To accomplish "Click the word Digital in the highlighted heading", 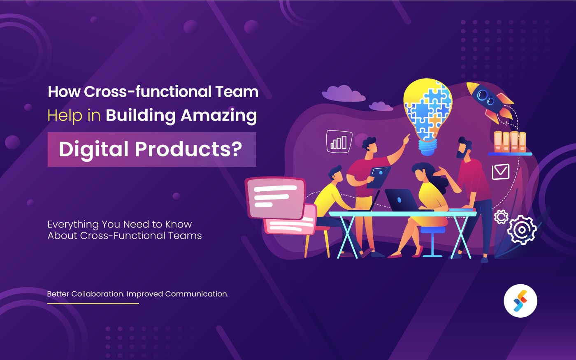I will point(94,149).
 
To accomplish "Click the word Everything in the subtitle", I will point(73,224).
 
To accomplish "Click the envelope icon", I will point(501,171).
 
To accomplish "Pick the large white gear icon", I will point(522,230).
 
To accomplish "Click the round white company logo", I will point(520,301).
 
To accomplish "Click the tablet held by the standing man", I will point(379,177).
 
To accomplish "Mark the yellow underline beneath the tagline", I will point(93,303).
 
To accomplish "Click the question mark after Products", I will point(236,149).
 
